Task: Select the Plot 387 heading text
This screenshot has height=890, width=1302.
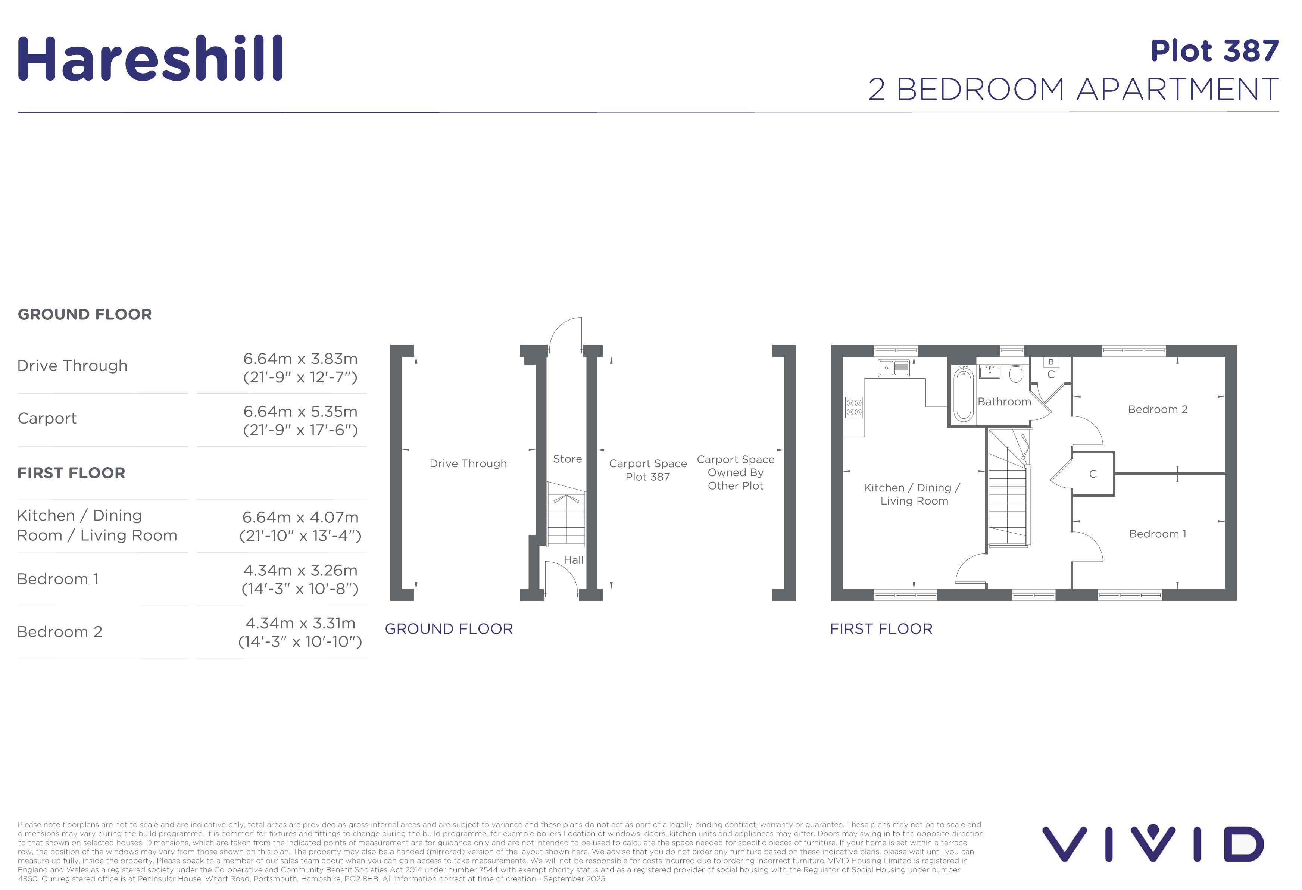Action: [1215, 51]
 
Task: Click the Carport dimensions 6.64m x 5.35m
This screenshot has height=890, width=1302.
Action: [300, 412]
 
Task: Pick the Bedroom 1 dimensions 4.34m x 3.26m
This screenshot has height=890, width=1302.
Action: [300, 570]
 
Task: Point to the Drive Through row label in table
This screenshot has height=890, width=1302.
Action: [72, 366]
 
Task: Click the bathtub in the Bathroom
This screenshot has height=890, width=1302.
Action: [964, 394]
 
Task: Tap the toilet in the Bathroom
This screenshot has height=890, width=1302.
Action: [1016, 374]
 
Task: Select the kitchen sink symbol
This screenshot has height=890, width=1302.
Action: [894, 368]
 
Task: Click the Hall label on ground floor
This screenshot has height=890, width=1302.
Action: [574, 560]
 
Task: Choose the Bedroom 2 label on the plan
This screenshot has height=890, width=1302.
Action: [1158, 409]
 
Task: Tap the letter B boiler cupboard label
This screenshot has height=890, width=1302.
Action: [1051, 362]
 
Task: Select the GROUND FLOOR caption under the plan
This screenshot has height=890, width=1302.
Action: [449, 629]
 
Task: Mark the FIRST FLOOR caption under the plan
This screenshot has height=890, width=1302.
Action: [881, 629]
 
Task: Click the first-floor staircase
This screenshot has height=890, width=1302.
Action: [1008, 487]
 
